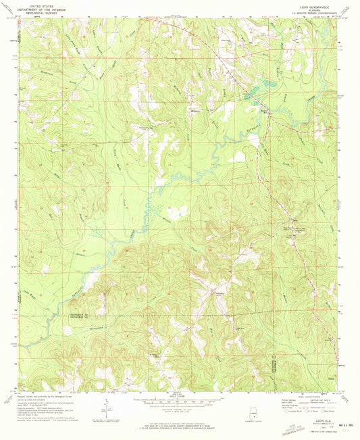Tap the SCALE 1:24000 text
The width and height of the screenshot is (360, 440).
coord(180,397)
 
